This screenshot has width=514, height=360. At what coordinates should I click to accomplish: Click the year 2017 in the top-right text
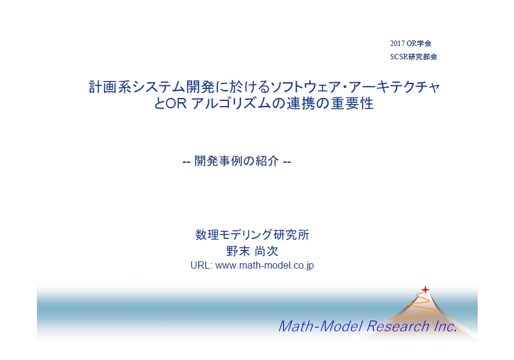tap(397, 43)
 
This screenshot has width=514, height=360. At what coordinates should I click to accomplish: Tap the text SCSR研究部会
tap(414, 57)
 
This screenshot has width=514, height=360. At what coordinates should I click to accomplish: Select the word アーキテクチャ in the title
tap(394, 87)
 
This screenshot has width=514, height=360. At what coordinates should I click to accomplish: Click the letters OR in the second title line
tap(176, 103)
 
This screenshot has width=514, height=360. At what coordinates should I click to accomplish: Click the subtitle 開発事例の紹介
tap(237, 161)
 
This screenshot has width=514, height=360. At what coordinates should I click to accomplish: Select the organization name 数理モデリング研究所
tap(252, 235)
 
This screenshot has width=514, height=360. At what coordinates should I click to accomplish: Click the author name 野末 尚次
tap(252, 251)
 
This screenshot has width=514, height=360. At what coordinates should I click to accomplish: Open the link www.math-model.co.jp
tap(265, 266)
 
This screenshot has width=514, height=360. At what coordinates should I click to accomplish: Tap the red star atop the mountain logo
tap(425, 290)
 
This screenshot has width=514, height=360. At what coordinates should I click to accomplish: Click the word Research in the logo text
tap(398, 326)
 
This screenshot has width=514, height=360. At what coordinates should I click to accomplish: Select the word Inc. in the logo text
tap(445, 326)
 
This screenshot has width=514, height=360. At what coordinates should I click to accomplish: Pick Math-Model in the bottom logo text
tap(320, 326)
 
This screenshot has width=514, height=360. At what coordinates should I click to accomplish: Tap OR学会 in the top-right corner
tap(419, 43)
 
